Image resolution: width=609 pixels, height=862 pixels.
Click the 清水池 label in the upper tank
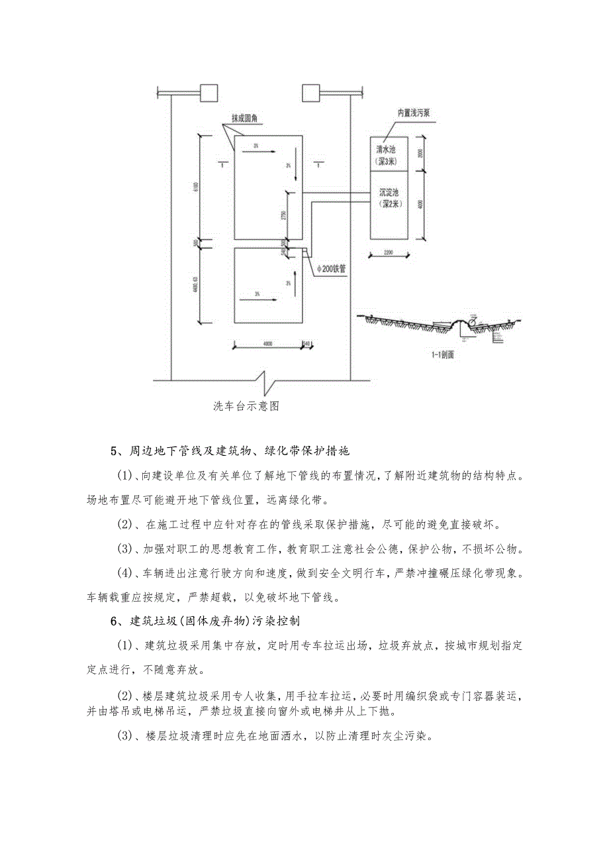389,150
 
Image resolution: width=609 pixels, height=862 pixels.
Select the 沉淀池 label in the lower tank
389,191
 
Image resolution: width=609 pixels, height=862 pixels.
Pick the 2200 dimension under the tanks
389,253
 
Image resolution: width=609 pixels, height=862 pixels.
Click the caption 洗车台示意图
246,406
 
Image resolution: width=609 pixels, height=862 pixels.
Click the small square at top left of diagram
209,92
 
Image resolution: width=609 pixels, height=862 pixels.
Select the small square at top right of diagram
311,92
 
